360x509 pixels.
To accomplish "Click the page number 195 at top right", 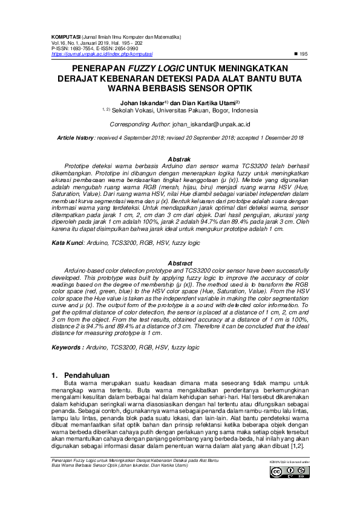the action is (x=304, y=54).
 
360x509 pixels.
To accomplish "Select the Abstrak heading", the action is (x=180, y=158).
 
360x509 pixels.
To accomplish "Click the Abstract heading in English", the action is (x=180, y=264).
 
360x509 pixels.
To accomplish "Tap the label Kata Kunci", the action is (x=65, y=242).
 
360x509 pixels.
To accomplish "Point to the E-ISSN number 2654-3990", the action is (x=126, y=48).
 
